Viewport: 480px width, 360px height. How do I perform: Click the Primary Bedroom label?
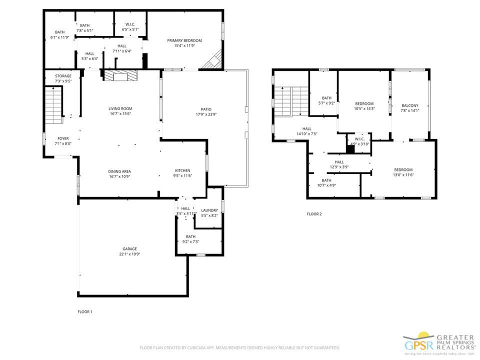coord(184,40)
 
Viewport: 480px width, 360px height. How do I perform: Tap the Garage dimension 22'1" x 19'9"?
coord(129,254)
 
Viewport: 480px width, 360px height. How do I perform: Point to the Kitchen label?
coord(183,170)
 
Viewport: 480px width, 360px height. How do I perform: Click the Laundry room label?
coord(209,210)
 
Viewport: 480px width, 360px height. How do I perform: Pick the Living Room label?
coord(120,108)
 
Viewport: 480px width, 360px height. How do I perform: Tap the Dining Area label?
coord(120,171)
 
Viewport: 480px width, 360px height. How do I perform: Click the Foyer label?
coord(63,138)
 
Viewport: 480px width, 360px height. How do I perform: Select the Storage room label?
coord(63,76)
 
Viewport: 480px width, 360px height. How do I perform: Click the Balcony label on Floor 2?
coord(410,105)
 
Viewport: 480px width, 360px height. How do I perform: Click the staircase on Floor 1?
coord(53,105)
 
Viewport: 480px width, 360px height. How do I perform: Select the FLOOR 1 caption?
coord(84,312)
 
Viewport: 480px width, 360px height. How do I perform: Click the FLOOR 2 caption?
coord(314,214)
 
